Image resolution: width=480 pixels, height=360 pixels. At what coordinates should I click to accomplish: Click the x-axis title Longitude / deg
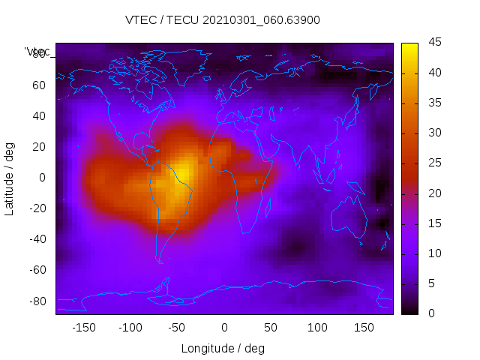(223, 348)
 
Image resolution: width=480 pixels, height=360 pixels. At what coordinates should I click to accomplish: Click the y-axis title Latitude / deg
(10, 178)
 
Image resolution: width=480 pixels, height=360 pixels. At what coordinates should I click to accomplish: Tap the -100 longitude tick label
(130, 327)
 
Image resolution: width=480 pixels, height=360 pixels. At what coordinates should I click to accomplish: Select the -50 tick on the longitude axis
(177, 327)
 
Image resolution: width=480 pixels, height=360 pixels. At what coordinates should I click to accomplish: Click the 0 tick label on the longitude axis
(224, 327)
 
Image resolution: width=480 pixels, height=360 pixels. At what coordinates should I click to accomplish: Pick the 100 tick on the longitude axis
(317, 327)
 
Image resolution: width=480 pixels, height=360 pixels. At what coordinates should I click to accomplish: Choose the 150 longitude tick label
(364, 327)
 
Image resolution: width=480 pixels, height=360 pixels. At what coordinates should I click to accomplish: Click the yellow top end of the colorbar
(409, 46)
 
